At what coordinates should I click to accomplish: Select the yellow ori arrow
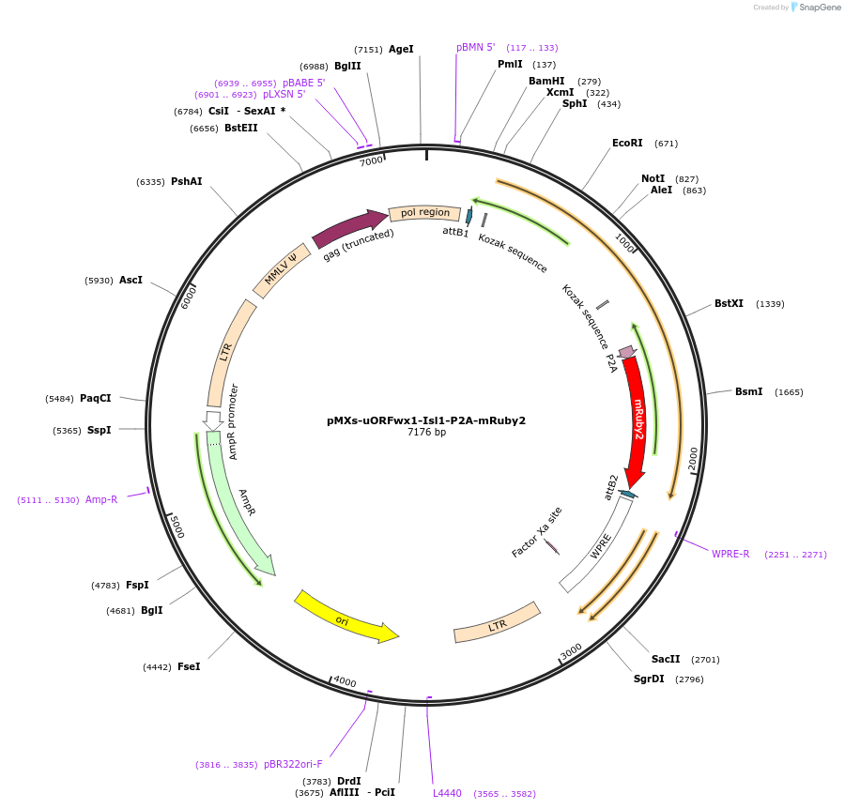click(344, 618)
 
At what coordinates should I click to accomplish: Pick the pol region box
click(425, 213)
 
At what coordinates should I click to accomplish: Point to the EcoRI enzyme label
click(627, 144)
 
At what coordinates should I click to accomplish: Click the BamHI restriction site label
click(546, 81)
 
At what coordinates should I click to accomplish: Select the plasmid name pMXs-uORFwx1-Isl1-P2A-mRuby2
click(426, 420)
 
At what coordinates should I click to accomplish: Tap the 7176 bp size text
click(426, 433)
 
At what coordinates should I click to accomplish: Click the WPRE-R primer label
click(730, 554)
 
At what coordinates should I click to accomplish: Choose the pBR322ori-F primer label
click(293, 764)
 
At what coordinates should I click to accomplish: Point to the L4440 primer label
click(447, 793)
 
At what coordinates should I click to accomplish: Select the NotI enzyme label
click(653, 178)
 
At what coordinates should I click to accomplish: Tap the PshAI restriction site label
click(186, 182)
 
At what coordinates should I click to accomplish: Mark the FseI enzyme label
click(189, 666)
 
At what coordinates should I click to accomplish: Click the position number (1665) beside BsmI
click(789, 392)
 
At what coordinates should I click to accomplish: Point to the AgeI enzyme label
click(401, 49)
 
